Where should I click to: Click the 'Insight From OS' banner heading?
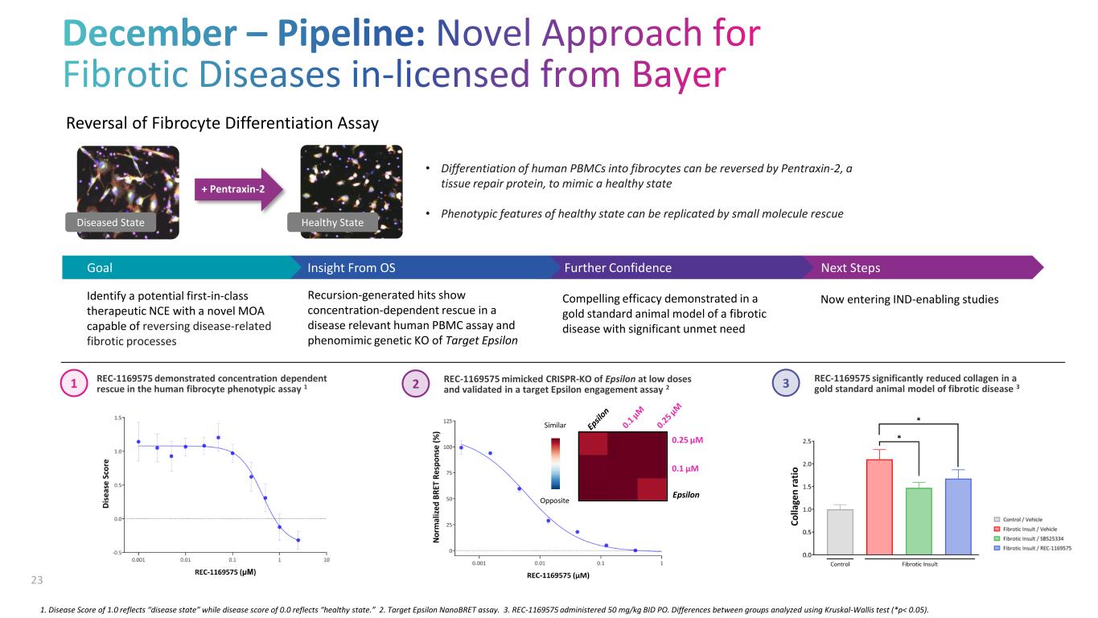(352, 268)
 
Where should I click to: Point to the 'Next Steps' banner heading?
(850, 268)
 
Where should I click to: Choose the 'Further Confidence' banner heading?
(618, 268)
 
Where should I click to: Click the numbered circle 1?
(73, 385)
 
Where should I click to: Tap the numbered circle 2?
(416, 385)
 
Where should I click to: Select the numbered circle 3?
(787, 385)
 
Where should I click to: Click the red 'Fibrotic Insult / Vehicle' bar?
(879, 507)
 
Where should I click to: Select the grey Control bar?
(840, 532)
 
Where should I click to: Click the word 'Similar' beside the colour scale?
(556, 424)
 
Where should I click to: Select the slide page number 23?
(36, 579)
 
